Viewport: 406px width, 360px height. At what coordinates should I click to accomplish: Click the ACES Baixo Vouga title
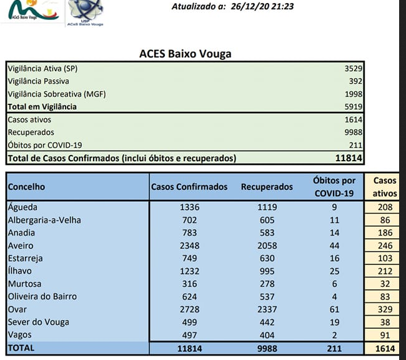tap(185, 54)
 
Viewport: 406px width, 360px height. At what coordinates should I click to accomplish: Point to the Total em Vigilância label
tap(42, 107)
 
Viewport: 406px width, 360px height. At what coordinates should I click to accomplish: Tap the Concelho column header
tap(26, 186)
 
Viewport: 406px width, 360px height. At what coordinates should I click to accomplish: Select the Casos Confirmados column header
tap(189, 186)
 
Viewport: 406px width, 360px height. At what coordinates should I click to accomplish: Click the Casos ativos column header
tap(385, 187)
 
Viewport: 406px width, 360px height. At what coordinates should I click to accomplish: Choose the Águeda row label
tap(23, 207)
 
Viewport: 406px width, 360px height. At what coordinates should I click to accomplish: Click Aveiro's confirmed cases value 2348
tap(189, 246)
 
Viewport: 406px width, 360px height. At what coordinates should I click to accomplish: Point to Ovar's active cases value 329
tap(385, 309)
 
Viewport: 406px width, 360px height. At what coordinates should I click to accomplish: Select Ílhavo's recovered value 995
tap(267, 271)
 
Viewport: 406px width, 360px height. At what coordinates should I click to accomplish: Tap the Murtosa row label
tap(25, 284)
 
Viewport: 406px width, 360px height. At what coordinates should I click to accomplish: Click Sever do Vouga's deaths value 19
tap(334, 322)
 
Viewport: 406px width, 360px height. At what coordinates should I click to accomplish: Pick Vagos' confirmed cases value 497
tap(189, 335)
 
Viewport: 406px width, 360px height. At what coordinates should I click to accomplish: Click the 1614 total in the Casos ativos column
tap(385, 348)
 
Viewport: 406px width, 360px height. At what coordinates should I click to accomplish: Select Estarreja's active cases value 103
tap(385, 258)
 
